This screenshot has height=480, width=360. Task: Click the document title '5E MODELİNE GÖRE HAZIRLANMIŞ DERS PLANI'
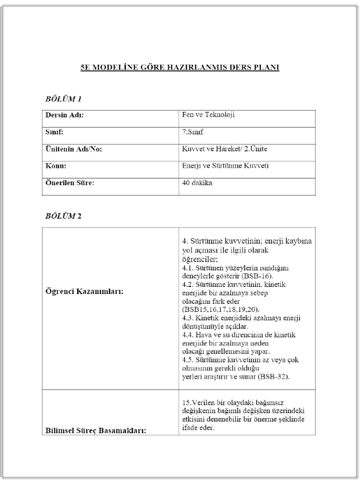(x=180, y=67)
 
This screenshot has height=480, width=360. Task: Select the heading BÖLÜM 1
(x=63, y=99)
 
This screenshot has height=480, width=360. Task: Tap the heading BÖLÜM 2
(x=63, y=216)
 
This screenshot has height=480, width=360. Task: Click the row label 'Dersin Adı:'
(x=64, y=115)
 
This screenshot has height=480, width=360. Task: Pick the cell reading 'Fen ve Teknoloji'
(x=205, y=114)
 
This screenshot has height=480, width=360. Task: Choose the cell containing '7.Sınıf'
(x=193, y=132)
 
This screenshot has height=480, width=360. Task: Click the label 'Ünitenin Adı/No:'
(x=73, y=150)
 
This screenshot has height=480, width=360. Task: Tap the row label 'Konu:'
(x=55, y=166)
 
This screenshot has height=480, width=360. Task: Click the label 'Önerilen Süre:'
(x=70, y=183)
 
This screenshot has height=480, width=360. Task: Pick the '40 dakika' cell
(x=197, y=183)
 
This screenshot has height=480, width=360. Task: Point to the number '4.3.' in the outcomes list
(x=188, y=318)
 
